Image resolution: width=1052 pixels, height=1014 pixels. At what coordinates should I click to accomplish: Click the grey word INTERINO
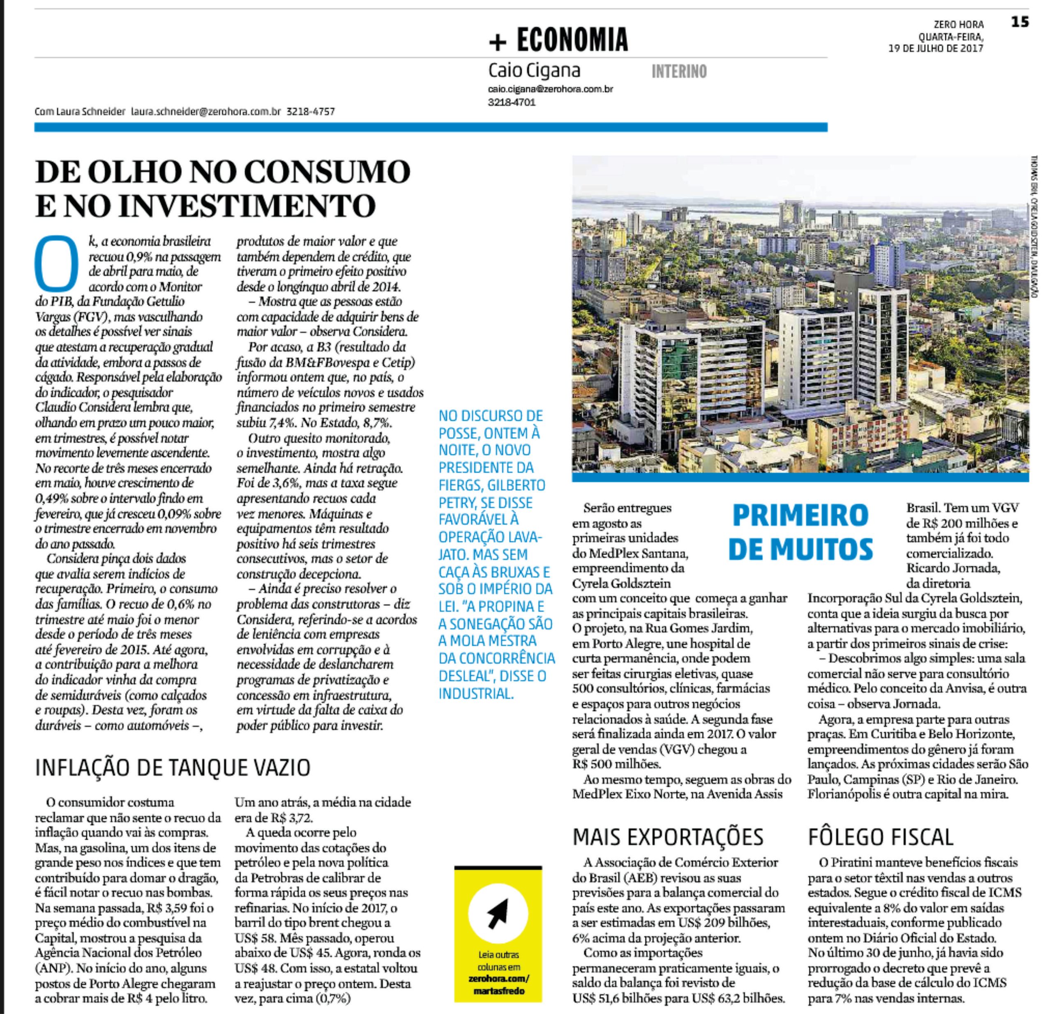(679, 71)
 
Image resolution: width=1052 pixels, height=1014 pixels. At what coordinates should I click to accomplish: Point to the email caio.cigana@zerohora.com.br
(551, 89)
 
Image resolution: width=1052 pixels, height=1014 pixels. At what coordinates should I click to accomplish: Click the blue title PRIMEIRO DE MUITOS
(801, 532)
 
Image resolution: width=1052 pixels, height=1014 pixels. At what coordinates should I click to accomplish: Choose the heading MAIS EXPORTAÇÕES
(668, 837)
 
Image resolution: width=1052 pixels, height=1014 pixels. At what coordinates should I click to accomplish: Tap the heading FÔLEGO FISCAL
(880, 837)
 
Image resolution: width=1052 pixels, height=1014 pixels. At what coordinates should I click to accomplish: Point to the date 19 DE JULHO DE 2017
(936, 48)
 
